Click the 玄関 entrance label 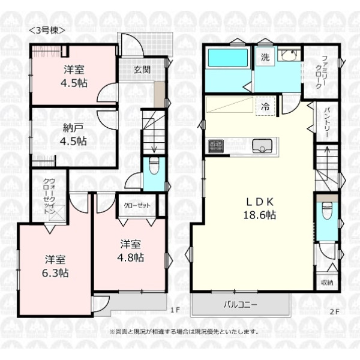(142, 70)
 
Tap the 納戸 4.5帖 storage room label (73, 135)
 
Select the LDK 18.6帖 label (260, 209)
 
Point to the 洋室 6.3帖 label (55, 266)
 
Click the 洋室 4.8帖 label (130, 251)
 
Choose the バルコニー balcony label (241, 305)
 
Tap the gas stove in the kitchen (216, 146)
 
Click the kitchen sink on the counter (262, 146)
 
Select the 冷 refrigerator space (265, 106)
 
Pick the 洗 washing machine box (265, 57)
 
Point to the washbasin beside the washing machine (289, 55)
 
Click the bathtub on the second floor (228, 58)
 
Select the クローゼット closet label (137, 205)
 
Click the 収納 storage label (327, 282)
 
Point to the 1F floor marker (175, 310)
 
